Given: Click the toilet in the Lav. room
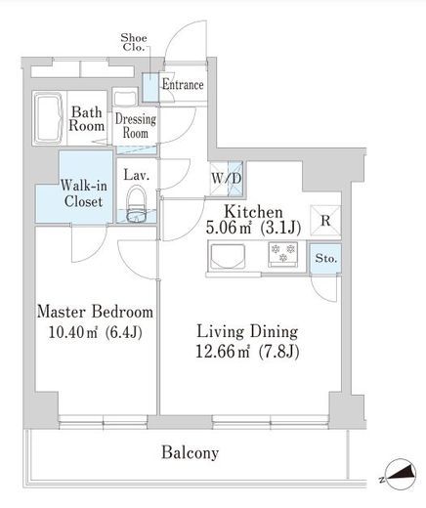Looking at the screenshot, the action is [x=137, y=204].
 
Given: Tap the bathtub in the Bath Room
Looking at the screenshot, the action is [x=49, y=118].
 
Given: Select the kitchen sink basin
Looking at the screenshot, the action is [x=228, y=256].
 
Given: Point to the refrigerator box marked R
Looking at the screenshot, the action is [x=325, y=221].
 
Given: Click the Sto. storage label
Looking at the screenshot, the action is [x=325, y=259].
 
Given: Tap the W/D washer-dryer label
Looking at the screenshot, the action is [x=227, y=179].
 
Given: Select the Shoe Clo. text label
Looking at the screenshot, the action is [x=134, y=42].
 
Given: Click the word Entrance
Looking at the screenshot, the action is [x=183, y=85].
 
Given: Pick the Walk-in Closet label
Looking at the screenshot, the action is [x=84, y=193].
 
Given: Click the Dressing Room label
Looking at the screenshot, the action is [x=136, y=126].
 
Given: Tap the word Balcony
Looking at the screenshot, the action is [x=191, y=453].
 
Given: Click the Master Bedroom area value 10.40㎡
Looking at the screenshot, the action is [x=73, y=332].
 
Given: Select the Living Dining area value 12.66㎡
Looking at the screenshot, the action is [x=223, y=352].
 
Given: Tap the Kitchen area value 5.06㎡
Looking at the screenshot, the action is [x=229, y=228].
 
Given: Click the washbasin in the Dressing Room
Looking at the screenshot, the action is [x=125, y=97].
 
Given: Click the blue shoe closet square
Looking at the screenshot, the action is [x=150, y=87].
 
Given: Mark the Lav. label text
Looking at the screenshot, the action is [x=137, y=175].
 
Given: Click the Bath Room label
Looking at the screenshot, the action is [x=87, y=119].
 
